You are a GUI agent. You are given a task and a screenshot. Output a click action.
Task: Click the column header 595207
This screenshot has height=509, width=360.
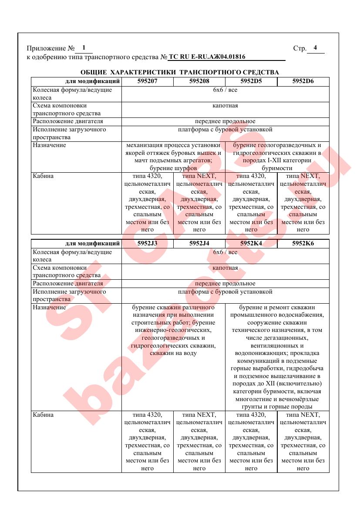[x=147, y=81]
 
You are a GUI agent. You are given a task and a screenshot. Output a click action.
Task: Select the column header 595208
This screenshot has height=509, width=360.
[x=199, y=81]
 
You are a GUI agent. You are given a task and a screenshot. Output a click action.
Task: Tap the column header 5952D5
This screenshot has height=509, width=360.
[x=251, y=81]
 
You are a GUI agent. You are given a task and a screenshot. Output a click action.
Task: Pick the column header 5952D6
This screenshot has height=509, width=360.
[x=303, y=81]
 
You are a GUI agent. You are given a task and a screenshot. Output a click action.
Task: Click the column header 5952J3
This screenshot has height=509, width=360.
[x=147, y=243]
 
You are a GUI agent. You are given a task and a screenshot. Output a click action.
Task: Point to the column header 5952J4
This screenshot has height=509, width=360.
[x=199, y=243]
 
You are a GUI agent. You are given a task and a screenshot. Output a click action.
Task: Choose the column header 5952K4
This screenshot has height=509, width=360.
[x=251, y=243]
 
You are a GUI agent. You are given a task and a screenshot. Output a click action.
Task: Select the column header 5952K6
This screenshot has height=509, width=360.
[x=303, y=243]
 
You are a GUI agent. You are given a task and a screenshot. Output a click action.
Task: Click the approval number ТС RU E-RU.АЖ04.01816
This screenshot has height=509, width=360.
[x=207, y=57]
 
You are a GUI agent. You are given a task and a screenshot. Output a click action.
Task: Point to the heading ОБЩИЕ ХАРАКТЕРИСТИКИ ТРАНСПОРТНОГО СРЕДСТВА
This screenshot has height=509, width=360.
[x=180, y=72]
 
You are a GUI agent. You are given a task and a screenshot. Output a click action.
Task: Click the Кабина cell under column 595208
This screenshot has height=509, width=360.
[x=199, y=203]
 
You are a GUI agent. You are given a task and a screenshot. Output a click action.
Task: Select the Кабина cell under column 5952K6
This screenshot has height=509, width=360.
[x=303, y=442]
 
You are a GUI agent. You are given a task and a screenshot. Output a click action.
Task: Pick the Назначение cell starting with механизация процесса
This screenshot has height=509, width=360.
[x=173, y=156]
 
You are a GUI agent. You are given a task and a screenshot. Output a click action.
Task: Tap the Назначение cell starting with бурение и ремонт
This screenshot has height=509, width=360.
[x=277, y=357]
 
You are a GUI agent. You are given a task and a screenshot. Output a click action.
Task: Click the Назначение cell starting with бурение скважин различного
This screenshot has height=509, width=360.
[x=173, y=330]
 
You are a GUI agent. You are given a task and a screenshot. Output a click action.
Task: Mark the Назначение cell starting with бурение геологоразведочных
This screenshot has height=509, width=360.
[x=277, y=156]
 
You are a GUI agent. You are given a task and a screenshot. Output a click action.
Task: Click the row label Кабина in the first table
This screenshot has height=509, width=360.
[x=44, y=176]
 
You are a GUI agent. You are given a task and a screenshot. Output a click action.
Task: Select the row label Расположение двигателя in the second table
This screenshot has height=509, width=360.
[x=68, y=284]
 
